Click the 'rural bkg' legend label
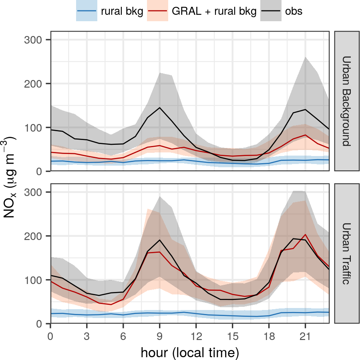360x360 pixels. [x=122, y=12]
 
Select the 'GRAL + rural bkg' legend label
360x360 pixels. [x=214, y=12]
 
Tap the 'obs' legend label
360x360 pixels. [x=294, y=12]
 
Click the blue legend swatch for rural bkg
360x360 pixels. [x=87, y=12]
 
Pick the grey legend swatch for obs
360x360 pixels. [x=271, y=12]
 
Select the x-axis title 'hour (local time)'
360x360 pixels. [x=190, y=352]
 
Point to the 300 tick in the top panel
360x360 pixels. [x=38, y=40]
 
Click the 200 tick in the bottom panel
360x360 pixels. [x=38, y=236]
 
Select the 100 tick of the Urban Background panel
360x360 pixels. [x=38, y=128]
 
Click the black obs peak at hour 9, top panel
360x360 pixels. [x=160, y=108]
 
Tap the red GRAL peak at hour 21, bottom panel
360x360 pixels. [x=305, y=235]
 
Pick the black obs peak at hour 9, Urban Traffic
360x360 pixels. [x=160, y=240]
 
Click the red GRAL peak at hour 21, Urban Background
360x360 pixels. [x=305, y=135]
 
